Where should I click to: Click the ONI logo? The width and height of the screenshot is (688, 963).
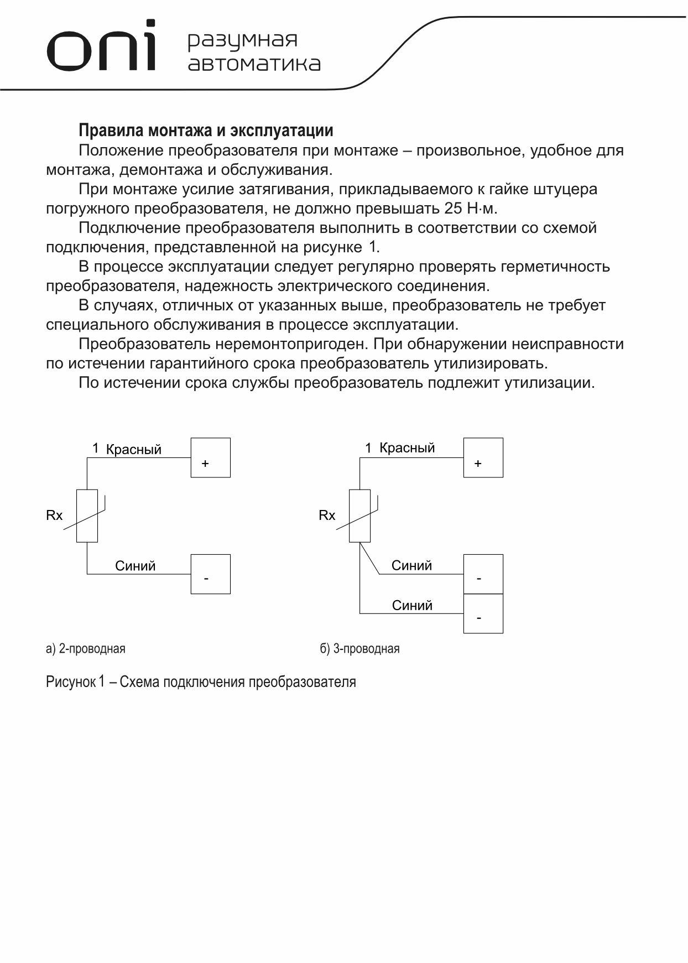(101, 48)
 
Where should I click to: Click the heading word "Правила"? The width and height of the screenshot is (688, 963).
(108, 131)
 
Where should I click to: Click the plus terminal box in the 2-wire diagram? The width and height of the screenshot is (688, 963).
(210, 457)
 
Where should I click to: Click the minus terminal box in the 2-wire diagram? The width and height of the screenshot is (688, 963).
(210, 574)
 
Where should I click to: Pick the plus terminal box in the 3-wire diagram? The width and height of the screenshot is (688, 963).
(483, 457)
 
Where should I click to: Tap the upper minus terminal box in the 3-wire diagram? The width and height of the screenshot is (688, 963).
(483, 574)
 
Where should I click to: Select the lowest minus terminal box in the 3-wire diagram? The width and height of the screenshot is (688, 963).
(483, 613)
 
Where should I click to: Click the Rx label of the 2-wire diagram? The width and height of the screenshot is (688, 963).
(54, 516)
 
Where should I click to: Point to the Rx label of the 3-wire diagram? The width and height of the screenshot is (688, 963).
(327, 516)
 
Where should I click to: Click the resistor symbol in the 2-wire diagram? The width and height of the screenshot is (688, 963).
(87, 516)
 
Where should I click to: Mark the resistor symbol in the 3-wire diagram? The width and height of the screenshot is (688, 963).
(359, 516)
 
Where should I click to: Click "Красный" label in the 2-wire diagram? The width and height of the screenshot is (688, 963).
(134, 449)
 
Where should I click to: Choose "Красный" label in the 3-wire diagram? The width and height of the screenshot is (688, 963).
(407, 448)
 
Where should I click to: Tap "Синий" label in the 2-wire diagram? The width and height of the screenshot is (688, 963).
(135, 566)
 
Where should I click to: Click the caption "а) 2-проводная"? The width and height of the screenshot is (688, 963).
(86, 648)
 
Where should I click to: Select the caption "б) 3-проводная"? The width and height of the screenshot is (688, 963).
(359, 648)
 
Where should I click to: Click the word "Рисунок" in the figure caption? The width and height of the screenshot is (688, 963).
(71, 681)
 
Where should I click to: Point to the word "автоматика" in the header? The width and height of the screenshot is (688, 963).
(254, 64)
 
